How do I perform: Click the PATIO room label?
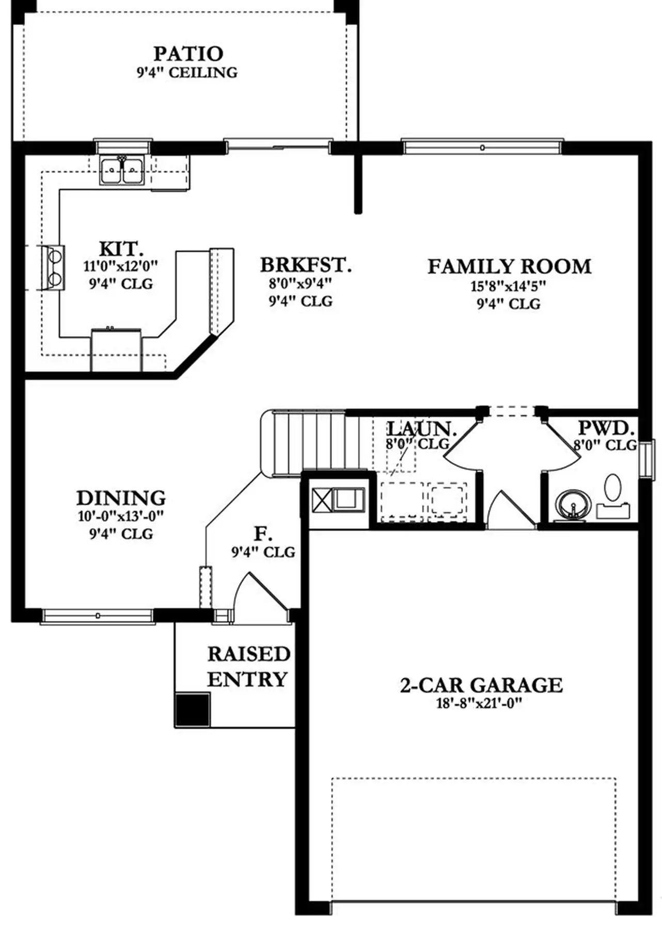(x=188, y=53)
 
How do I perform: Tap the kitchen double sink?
(x=122, y=170)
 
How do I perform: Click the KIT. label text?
(x=121, y=249)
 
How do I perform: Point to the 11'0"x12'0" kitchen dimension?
(x=121, y=266)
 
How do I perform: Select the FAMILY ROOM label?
(x=509, y=266)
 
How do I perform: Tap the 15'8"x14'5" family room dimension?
(x=509, y=285)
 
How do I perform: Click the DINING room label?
(x=121, y=498)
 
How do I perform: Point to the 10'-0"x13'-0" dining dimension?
(x=121, y=516)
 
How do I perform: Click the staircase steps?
(x=310, y=443)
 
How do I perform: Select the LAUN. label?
(x=422, y=428)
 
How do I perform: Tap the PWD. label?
(x=606, y=428)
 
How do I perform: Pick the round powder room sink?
(x=573, y=504)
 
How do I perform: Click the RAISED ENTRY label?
(x=248, y=666)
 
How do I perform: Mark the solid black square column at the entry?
(x=193, y=710)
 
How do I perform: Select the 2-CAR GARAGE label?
(x=481, y=685)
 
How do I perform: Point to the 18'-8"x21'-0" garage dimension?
(x=480, y=703)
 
